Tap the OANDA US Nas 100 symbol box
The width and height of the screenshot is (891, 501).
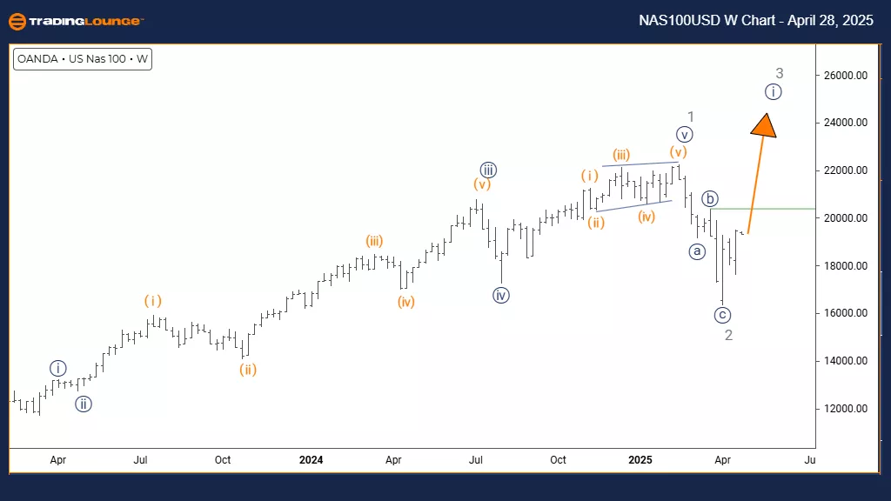point(83,60)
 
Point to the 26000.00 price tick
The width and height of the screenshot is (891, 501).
point(846,76)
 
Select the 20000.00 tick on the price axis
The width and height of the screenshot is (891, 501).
point(846,218)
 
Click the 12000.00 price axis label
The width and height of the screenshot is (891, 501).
point(846,408)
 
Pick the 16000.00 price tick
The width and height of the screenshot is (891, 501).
point(846,313)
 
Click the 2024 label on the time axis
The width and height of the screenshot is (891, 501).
point(311,459)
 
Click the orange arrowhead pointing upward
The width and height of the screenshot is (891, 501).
point(764,126)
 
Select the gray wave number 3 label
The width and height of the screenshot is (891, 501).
point(780,73)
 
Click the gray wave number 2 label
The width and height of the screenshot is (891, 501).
point(729,335)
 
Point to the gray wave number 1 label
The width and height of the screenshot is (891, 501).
point(690,117)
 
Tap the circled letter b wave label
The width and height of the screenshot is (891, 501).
point(711,199)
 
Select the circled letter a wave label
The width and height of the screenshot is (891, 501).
point(697,251)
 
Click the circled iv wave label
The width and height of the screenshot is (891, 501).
point(500,296)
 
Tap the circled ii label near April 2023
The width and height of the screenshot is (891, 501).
point(83,404)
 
